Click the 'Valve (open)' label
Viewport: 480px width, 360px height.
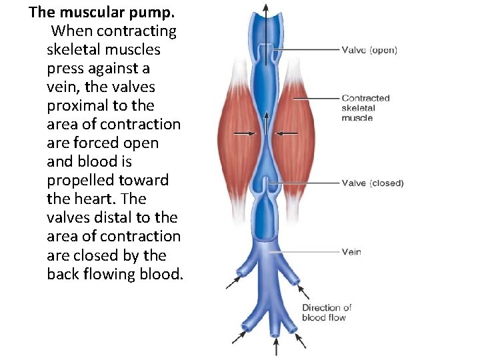pyautogui.click(x=369, y=50)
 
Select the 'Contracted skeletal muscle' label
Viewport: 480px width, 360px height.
pyautogui.click(x=365, y=108)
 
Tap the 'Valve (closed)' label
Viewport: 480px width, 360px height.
pyautogui.click(x=372, y=183)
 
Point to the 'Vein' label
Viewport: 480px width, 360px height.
pyautogui.click(x=351, y=252)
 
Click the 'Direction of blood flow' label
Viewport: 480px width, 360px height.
pyautogui.click(x=327, y=312)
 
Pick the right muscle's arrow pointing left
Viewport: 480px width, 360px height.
pyautogui.click(x=287, y=133)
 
